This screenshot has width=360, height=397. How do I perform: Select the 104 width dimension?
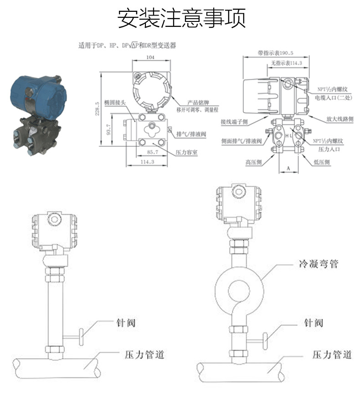click(151, 58)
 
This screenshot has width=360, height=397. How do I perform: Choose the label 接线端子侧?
click(235, 122)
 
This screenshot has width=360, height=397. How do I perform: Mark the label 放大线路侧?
click(339, 119)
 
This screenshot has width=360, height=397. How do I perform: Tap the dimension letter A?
click(288, 168)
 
